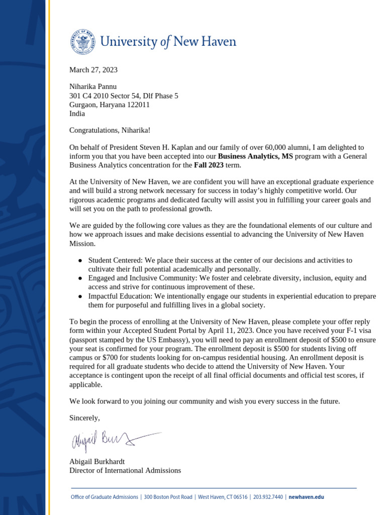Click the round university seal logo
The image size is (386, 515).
point(82,42)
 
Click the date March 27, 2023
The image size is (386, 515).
point(93,70)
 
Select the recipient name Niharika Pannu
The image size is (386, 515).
point(92,87)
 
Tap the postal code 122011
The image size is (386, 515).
point(136,105)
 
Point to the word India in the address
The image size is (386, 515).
point(77,114)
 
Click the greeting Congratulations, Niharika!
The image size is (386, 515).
point(110,130)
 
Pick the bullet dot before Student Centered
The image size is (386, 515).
point(80,261)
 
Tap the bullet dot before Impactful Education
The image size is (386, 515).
point(80,297)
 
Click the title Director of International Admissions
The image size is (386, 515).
point(125,470)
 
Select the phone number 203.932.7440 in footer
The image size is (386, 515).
point(268,497)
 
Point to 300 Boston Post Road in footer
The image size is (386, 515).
point(168,497)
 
